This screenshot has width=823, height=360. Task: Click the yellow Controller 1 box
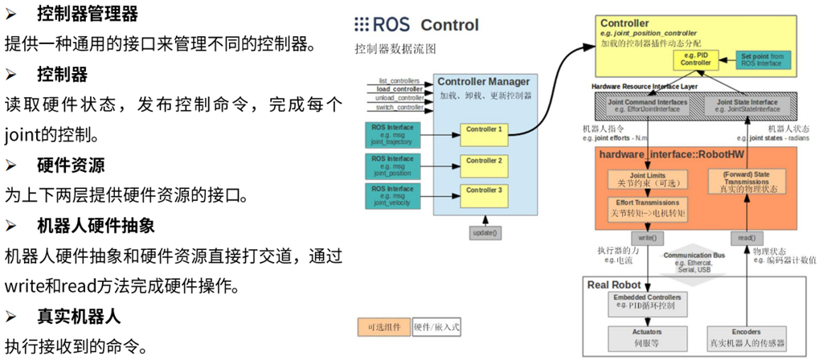484,129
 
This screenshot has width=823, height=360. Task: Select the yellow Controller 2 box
484,160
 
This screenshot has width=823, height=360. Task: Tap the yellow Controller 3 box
484,190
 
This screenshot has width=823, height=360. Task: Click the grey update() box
484,233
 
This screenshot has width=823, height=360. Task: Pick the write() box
647,239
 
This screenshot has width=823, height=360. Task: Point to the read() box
745,239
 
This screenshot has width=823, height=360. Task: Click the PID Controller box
696,59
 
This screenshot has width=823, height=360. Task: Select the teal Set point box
764,59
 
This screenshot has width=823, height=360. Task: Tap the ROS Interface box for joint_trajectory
391,134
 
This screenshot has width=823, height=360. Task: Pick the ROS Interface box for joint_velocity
391,195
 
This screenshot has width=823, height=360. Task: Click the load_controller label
399,89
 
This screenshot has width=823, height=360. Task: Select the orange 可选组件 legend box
384,327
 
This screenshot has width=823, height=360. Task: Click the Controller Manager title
483,82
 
